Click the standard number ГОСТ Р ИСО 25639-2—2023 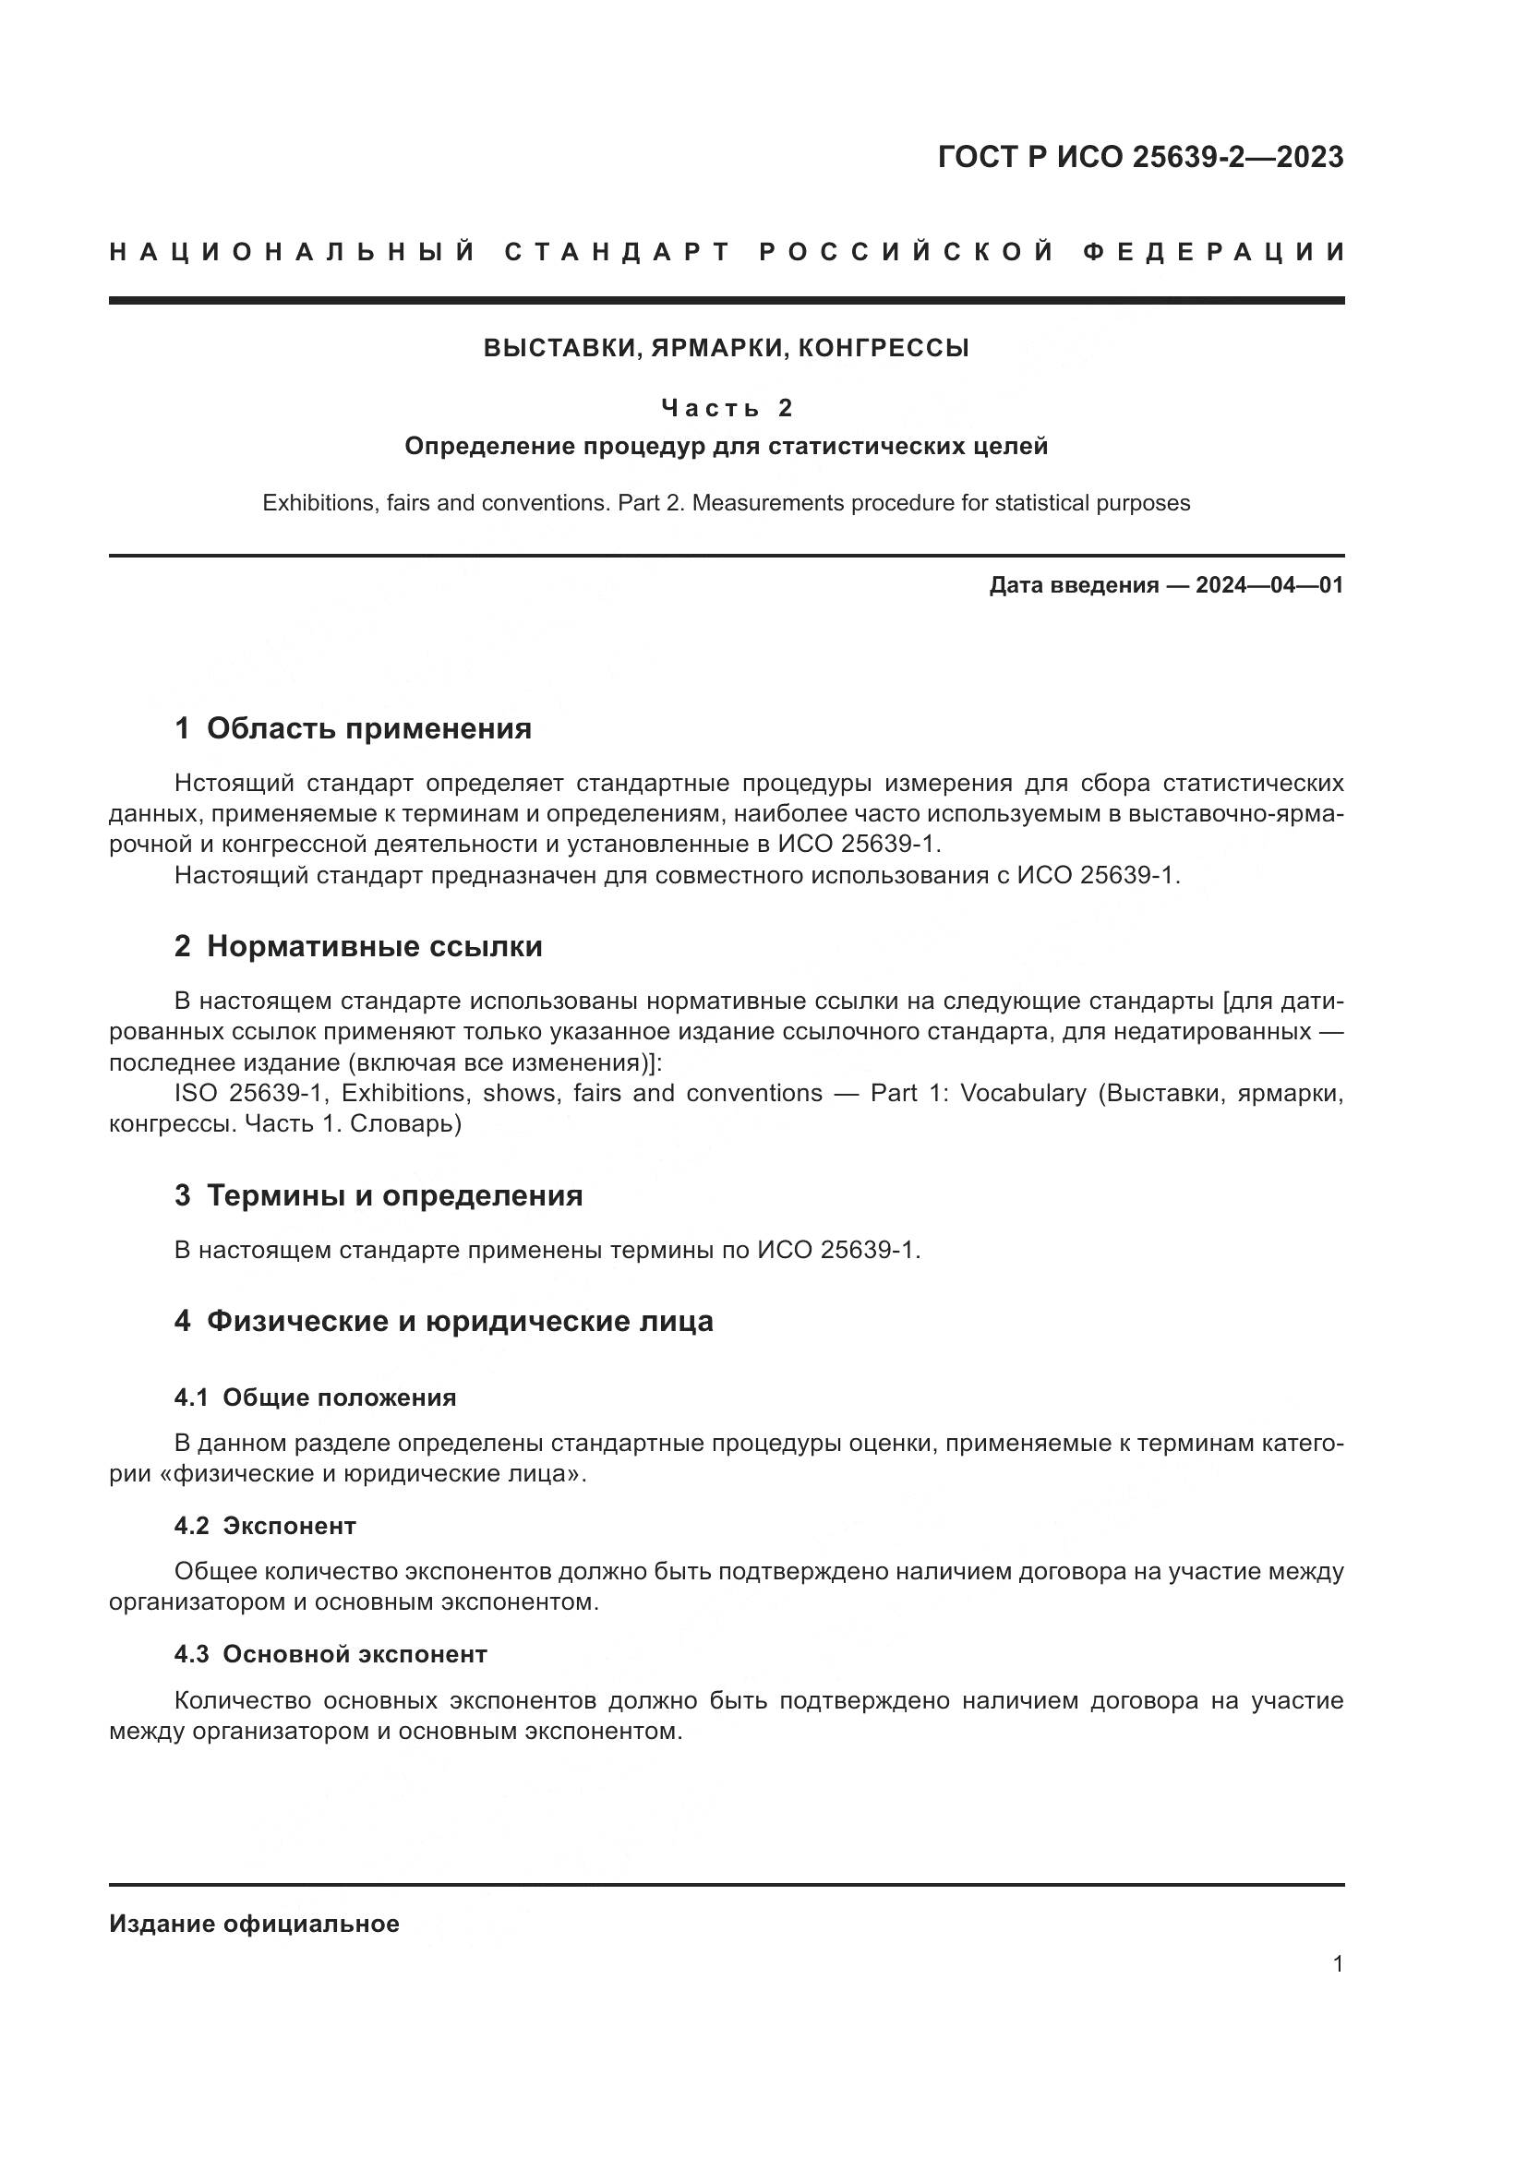point(1139,157)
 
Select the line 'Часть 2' point(727,408)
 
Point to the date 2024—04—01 point(1269,586)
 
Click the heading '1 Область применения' point(353,729)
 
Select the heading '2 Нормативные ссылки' point(358,947)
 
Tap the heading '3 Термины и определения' point(378,1196)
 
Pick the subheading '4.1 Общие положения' point(315,1398)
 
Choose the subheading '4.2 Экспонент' point(265,1526)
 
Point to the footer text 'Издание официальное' point(254,1924)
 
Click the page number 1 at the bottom point(1338,1964)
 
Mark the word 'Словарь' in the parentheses point(401,1123)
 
